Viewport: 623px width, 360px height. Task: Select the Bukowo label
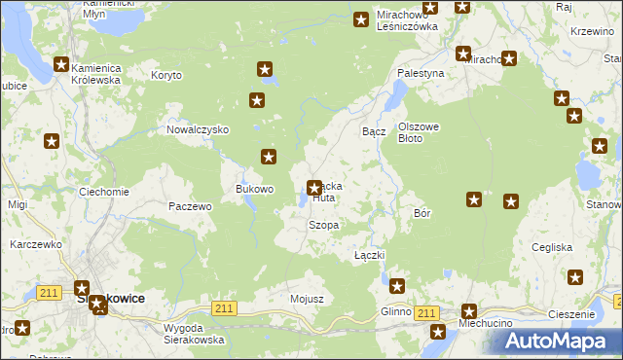(x=255, y=189)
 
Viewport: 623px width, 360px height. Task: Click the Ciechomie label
(x=104, y=192)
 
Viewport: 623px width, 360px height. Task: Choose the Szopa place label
(x=323, y=225)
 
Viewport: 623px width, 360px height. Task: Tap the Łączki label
(x=371, y=254)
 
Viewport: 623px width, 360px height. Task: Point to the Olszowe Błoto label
(x=421, y=132)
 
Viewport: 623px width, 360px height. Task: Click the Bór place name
(x=422, y=212)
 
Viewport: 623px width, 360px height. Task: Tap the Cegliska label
(x=552, y=247)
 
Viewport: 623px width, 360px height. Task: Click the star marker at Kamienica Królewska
(x=61, y=65)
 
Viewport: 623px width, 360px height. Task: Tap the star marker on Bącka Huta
(x=314, y=188)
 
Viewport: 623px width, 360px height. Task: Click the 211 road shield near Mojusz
(x=224, y=308)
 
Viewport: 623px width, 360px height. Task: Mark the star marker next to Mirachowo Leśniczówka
(x=361, y=18)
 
